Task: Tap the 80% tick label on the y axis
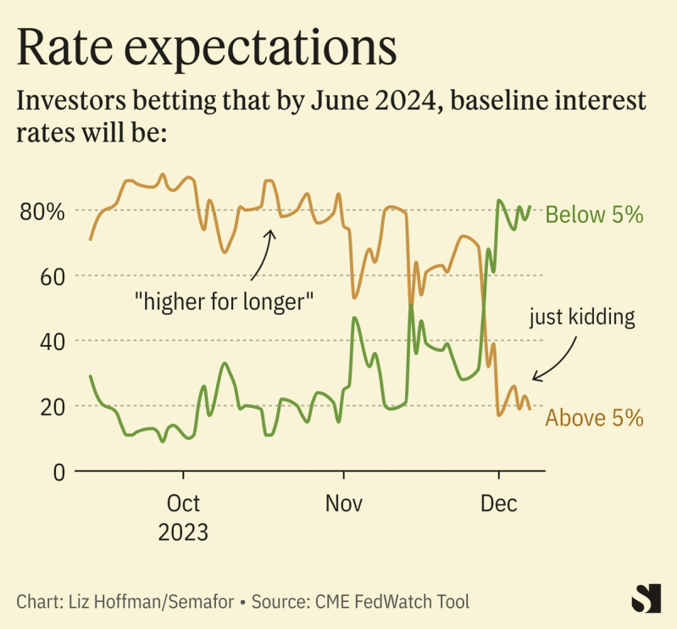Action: tap(42, 211)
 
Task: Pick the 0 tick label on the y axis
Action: tap(58, 471)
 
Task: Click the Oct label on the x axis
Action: tap(183, 504)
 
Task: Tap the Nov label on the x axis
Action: tap(344, 504)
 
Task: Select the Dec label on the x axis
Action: tap(499, 504)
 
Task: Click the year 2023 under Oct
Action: tap(183, 533)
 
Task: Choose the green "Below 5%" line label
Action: tap(594, 214)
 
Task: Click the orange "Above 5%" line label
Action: tap(593, 418)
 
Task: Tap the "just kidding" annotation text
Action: tap(582, 318)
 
